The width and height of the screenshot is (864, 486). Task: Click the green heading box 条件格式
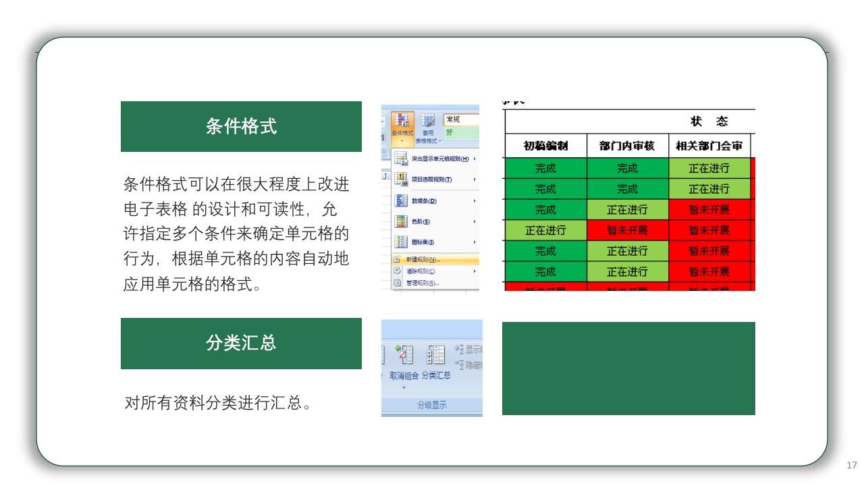(241, 126)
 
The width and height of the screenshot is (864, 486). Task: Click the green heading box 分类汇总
(241, 343)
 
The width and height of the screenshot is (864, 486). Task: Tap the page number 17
(851, 465)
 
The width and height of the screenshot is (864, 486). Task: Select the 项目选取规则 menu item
(432, 180)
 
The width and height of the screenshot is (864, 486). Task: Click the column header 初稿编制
(545, 146)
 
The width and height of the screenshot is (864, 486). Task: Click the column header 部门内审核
(627, 146)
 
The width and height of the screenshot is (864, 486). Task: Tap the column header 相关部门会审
(709, 146)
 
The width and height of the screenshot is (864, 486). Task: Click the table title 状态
(709, 122)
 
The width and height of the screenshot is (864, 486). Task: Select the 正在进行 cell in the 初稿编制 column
(545, 230)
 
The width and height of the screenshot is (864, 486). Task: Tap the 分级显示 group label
(431, 405)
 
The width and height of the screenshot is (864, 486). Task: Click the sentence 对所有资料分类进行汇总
(217, 404)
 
